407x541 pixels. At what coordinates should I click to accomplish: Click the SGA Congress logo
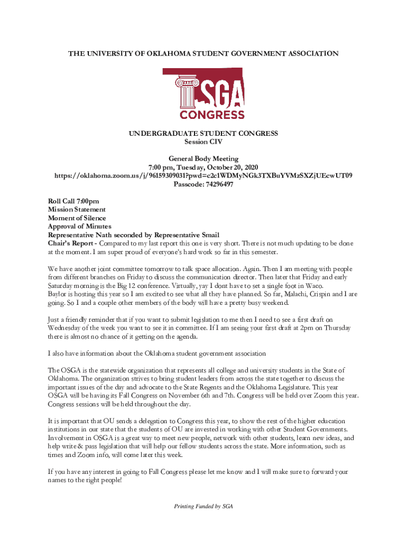203,94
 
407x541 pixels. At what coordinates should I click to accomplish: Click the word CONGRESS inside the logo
212,115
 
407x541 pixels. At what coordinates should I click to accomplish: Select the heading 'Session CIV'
203,142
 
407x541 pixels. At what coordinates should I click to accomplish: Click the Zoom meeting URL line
203,175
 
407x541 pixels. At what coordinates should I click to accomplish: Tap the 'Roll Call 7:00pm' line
73,201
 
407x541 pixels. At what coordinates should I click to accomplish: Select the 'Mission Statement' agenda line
77,210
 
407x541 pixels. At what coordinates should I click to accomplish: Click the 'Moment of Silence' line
77,218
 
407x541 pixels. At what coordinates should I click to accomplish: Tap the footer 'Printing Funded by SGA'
203,506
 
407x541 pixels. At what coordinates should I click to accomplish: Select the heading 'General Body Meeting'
203,158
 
